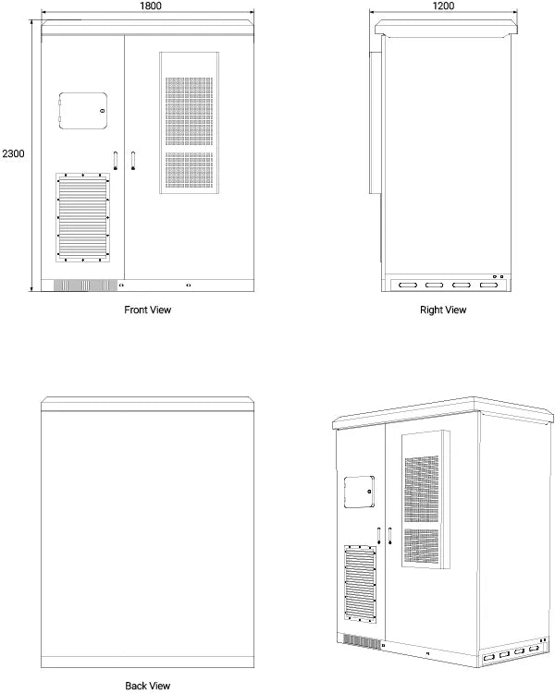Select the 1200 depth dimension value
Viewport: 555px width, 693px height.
pos(442,6)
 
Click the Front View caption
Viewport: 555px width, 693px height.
pos(148,310)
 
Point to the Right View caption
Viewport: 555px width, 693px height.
pos(443,310)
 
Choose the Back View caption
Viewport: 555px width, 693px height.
pos(148,686)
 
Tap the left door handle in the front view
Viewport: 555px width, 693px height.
pos(116,161)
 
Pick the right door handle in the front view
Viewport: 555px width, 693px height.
pos(133,161)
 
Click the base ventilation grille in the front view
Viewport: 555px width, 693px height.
pos(80,285)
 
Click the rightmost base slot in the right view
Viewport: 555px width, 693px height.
pos(487,285)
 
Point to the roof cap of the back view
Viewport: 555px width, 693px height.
pos(148,401)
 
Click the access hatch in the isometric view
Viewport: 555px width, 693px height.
pos(357,492)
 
